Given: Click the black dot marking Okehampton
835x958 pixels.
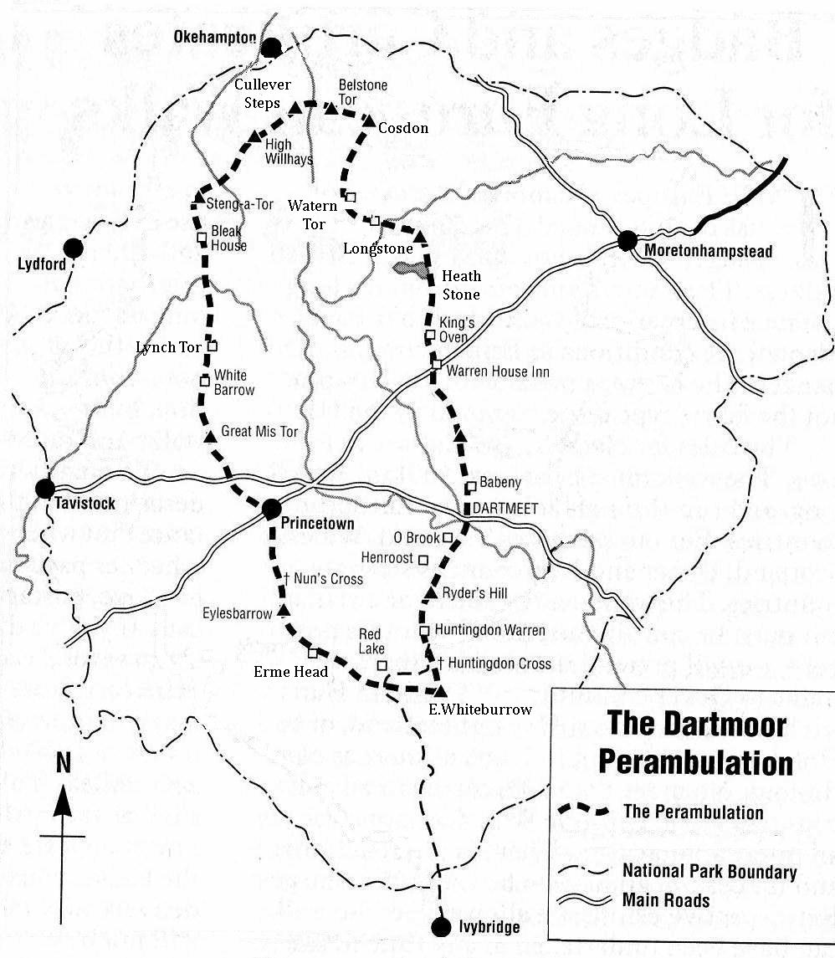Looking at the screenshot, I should point(271,48).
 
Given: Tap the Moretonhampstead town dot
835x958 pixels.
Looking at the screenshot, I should point(627,241).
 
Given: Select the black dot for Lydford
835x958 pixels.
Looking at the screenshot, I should point(74,248).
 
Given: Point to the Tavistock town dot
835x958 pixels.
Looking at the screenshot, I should point(45,489).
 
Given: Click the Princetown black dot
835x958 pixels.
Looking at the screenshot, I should point(271,509).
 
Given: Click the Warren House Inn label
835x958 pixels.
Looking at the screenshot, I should point(498,371).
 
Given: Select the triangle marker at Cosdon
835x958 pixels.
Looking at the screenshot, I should point(369,122).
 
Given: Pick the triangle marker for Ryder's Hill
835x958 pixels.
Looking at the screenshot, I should point(428,593).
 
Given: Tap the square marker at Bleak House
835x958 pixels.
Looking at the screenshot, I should point(202,238).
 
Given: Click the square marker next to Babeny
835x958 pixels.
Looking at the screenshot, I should point(471,486).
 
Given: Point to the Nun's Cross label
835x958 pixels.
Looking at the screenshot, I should point(328,578).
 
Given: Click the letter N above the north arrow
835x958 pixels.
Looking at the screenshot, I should point(64,763).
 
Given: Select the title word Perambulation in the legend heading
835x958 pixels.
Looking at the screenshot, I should point(697,763).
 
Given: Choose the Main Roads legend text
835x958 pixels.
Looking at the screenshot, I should point(665,900).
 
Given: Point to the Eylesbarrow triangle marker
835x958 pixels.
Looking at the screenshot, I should point(283,611).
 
